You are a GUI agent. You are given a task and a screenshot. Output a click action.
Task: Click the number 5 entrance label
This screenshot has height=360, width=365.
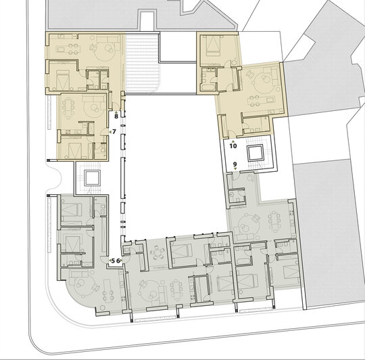coord(113,261)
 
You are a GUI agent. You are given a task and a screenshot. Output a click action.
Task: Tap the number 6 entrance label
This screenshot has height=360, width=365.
coord(118,261)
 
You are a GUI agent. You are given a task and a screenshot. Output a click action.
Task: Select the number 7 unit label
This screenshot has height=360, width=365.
coord(114,132)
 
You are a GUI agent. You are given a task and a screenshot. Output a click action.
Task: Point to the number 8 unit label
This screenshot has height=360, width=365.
coord(116,116)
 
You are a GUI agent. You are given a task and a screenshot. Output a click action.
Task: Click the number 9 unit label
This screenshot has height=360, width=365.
coord(235,164)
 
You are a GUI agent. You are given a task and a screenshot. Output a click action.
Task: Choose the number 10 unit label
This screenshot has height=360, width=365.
coord(233,146)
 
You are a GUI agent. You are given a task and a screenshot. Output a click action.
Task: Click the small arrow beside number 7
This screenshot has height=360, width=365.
coord(110,132)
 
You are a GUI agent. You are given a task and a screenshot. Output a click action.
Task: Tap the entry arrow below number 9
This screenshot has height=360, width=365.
coord(235,168)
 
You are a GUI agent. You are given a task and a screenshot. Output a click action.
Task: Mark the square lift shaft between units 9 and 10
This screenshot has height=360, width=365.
coord(255,153)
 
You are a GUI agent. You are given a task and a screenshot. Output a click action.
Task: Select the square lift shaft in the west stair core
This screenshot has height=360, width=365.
coord(93,178)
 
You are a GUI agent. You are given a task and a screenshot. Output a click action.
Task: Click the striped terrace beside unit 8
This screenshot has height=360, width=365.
coord(143,62)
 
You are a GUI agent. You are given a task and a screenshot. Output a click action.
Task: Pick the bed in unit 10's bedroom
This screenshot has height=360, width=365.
coord(213,45)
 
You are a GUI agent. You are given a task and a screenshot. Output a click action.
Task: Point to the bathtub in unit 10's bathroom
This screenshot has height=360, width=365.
coord(208,88)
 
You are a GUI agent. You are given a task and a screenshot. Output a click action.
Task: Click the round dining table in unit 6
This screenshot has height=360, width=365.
coord(157,253)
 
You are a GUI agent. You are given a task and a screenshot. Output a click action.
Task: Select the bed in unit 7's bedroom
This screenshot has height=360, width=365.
coord(75,149)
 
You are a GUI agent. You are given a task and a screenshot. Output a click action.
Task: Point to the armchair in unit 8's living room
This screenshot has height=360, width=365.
coord(94,48)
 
